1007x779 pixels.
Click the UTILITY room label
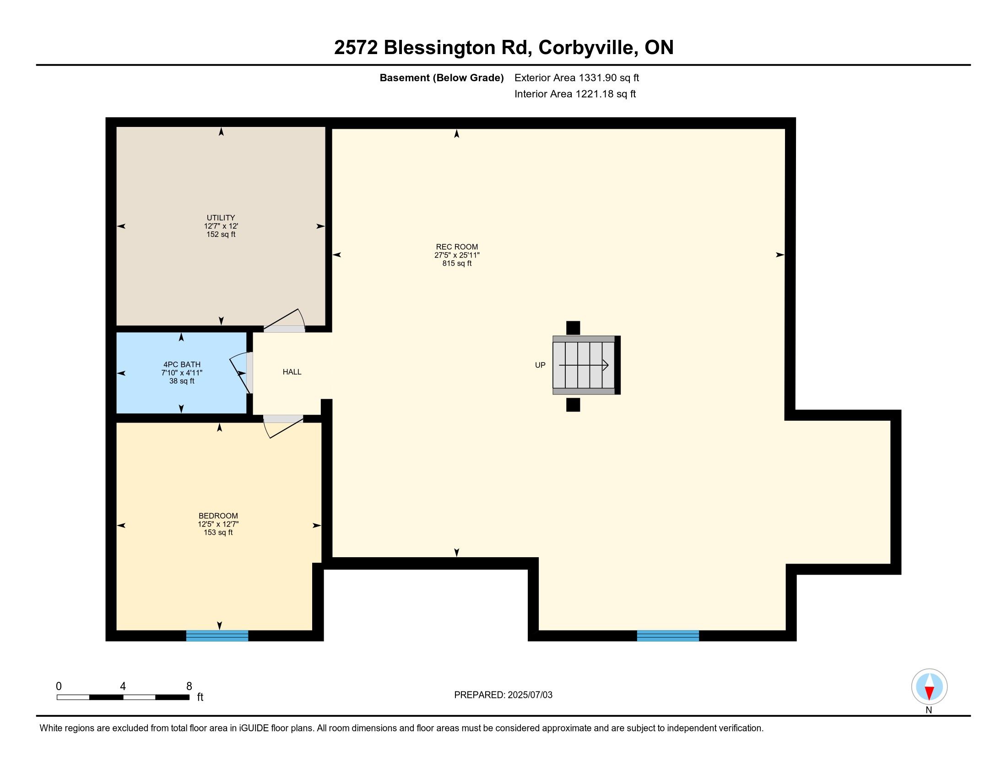tap(221, 217)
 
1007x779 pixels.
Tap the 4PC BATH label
tap(182, 364)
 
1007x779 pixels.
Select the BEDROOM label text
tap(218, 516)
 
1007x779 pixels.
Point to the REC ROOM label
tap(457, 247)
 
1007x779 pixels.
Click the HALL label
tap(292, 372)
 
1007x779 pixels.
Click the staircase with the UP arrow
tap(586, 365)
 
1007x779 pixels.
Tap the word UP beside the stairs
tap(540, 365)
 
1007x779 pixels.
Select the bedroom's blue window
tap(217, 636)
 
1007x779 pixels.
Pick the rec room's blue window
tap(668, 636)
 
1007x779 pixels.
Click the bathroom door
tap(242, 373)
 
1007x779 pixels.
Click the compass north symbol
tap(929, 687)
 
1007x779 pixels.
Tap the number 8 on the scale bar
tap(189, 686)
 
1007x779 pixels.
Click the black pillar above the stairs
tap(573, 328)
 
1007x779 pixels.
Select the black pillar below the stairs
tap(573, 405)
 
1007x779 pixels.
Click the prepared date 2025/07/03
tap(529, 695)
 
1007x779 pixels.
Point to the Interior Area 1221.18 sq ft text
tap(575, 93)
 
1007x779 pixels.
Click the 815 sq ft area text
tap(457, 263)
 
